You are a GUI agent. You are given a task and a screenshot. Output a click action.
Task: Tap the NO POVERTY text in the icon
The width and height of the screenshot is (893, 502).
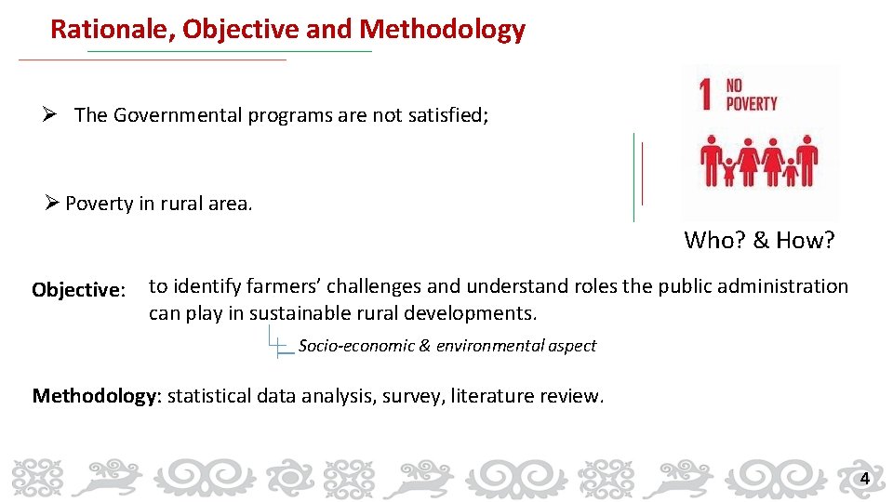[x=751, y=94]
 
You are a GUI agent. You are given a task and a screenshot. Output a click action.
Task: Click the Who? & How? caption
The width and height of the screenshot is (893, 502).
[x=759, y=241]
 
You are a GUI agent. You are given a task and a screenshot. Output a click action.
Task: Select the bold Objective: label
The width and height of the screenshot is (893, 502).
[x=78, y=290]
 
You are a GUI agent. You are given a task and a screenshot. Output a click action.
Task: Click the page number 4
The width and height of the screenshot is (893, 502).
[x=864, y=479]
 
